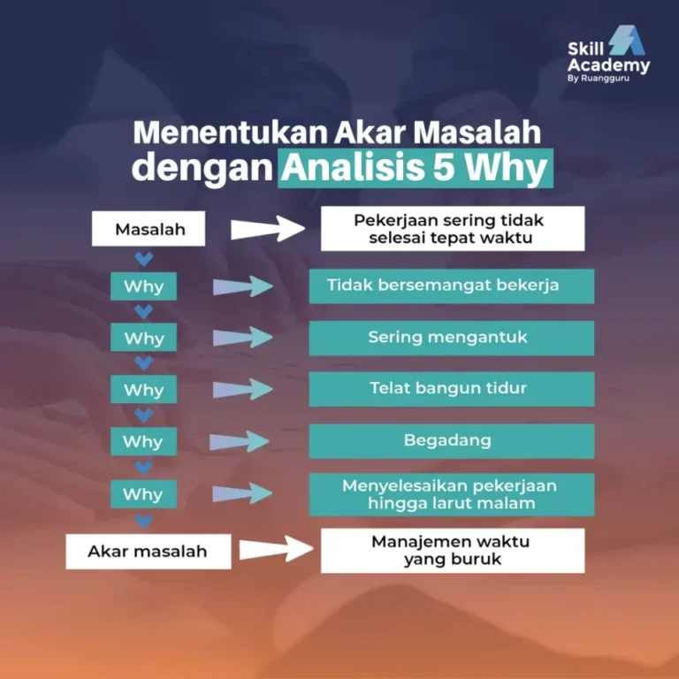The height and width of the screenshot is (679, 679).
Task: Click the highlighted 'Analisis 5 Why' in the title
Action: [x=416, y=168]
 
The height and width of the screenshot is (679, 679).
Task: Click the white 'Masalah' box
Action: [x=149, y=230]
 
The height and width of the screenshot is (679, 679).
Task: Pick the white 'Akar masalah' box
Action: [x=148, y=551]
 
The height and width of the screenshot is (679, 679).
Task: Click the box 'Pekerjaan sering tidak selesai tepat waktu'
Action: [x=452, y=229]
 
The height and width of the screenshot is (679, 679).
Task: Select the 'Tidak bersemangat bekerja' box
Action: [x=452, y=286]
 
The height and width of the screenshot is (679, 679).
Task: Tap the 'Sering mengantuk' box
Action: [x=452, y=337]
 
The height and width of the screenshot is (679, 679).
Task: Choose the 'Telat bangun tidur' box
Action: [x=452, y=388]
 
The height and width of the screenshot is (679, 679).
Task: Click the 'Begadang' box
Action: [x=452, y=440]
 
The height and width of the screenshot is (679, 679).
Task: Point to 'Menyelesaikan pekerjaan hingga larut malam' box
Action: [x=452, y=494]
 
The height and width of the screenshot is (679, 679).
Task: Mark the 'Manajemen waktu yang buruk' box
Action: [x=452, y=550]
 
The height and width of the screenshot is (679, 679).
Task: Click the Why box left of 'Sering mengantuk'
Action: [x=143, y=338]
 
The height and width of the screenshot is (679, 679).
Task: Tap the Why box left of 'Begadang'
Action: [x=143, y=441]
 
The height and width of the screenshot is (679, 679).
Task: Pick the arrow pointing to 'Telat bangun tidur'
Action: [x=242, y=389]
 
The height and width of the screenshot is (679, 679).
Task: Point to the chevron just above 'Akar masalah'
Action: [x=143, y=521]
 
